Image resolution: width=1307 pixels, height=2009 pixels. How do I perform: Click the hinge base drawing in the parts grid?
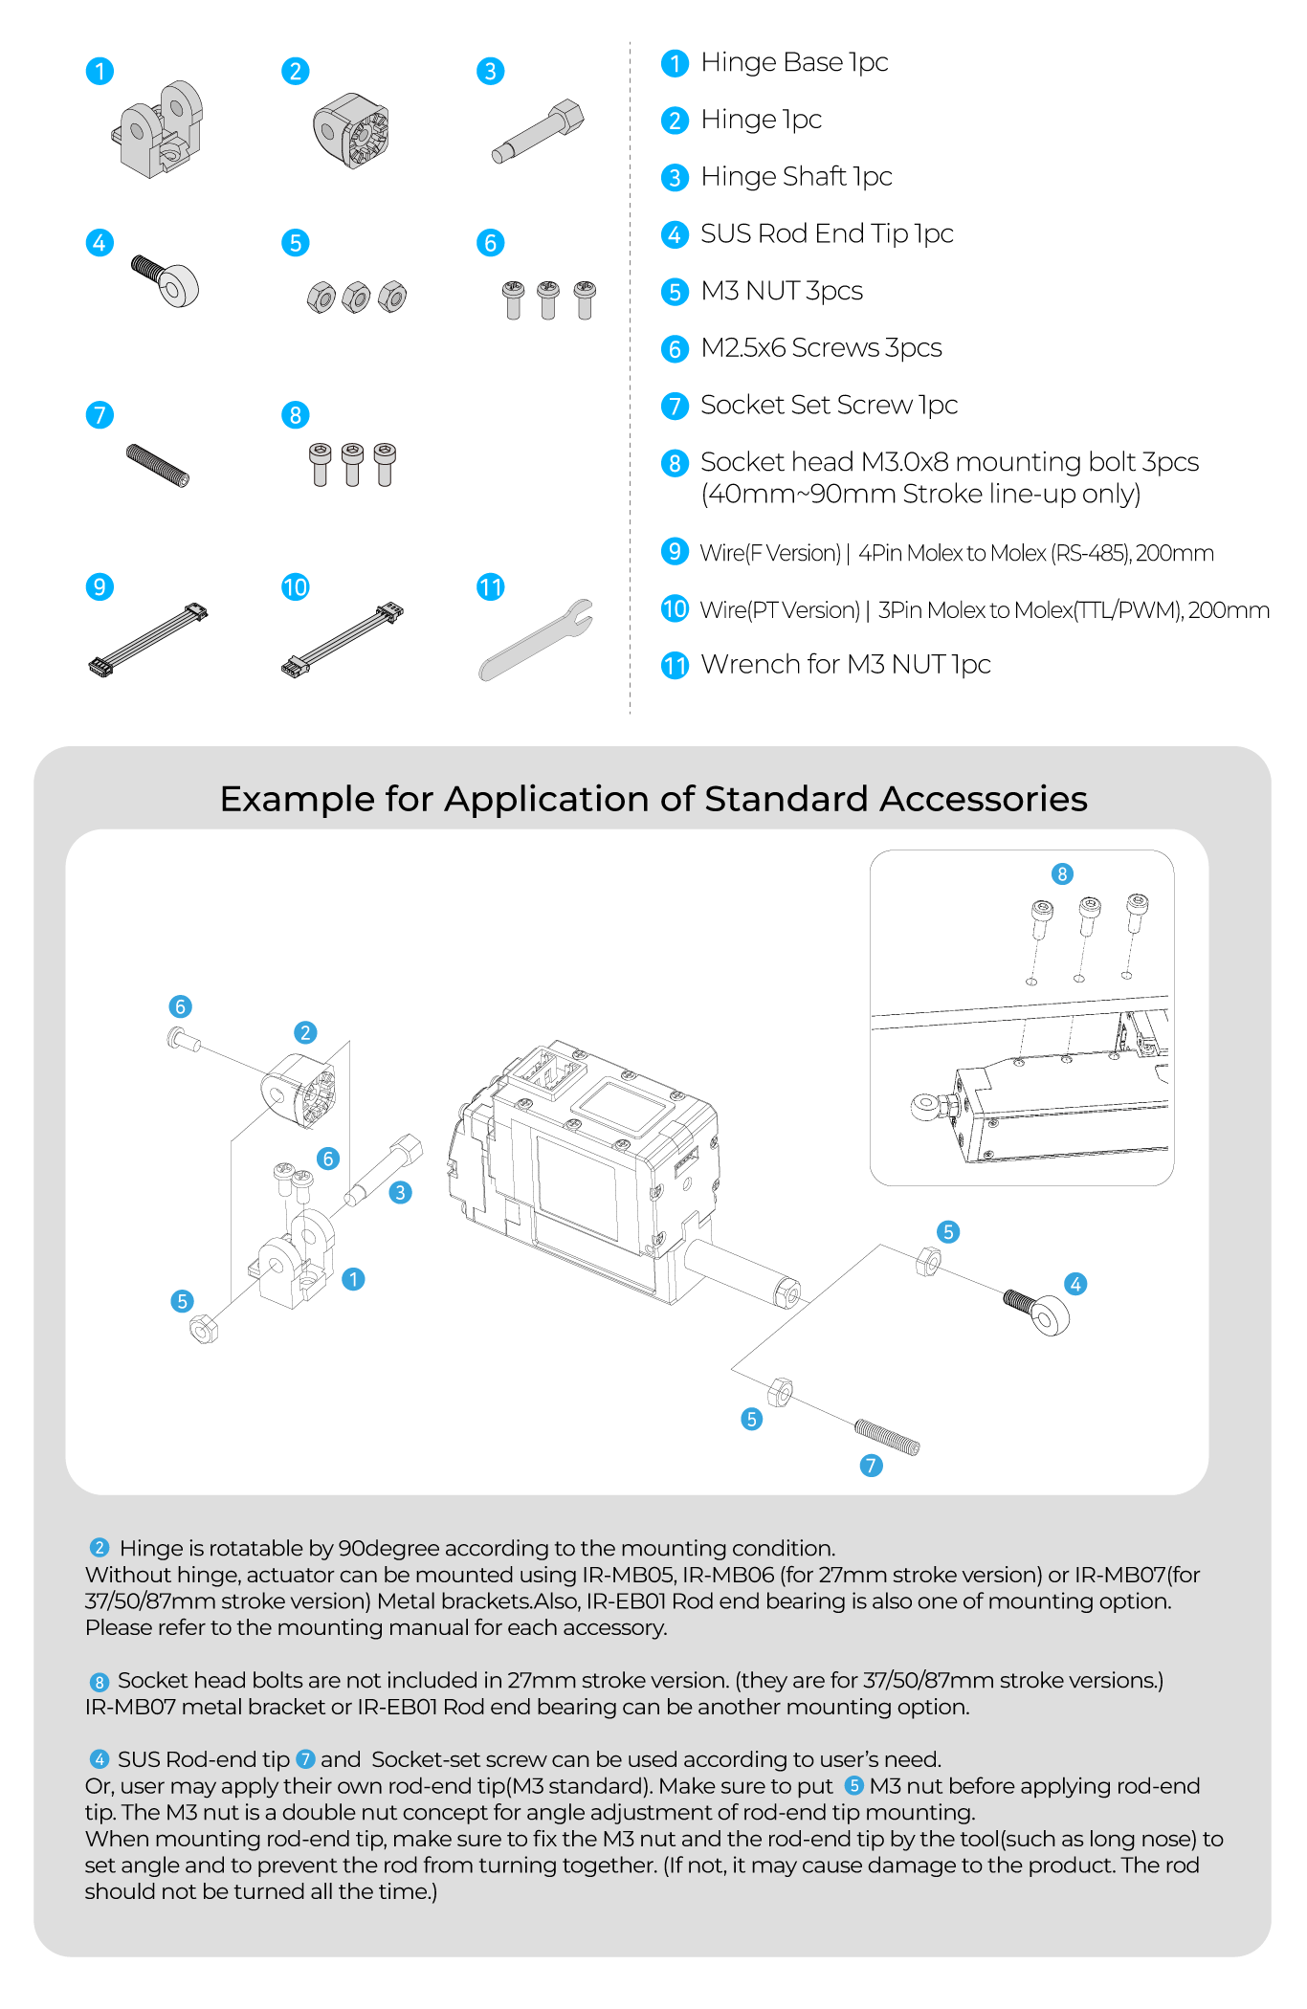coord(158,129)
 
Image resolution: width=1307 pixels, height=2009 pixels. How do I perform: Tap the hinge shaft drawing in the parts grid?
coord(538,131)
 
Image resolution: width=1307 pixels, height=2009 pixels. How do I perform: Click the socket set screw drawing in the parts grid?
coord(158,465)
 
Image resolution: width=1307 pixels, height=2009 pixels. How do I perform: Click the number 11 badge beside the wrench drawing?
coord(490,587)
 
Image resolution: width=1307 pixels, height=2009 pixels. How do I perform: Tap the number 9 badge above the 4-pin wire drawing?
coord(100,586)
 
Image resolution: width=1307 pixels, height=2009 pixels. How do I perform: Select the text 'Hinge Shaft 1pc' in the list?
coord(795,177)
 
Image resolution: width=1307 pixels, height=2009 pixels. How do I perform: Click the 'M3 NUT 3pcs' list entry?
coord(781,291)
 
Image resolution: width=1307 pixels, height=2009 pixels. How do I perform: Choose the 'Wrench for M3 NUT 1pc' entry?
coord(845,664)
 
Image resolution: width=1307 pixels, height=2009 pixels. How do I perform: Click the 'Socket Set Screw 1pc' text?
coord(829,406)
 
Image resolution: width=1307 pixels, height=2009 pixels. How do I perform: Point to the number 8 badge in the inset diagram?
coord(1061,873)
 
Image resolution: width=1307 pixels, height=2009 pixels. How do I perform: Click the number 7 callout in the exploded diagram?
coord(871,1466)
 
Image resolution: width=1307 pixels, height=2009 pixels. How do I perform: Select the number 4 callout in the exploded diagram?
coord(1075,1284)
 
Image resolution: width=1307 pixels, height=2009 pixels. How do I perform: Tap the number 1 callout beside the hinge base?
coord(353,1279)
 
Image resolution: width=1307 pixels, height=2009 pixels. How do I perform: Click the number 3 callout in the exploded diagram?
coord(401,1192)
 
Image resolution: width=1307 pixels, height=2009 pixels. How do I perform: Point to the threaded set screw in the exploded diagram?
coord(887,1437)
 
